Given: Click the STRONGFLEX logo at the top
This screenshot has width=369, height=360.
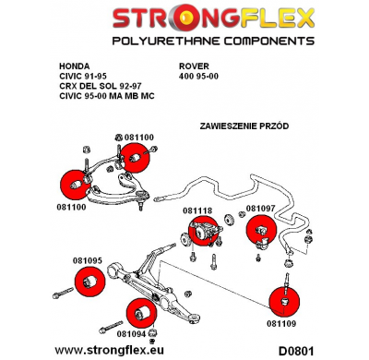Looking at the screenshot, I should pyautogui.click(x=184, y=18).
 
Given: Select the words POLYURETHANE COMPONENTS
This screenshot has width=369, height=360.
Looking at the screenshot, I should pyautogui.click(x=184, y=42).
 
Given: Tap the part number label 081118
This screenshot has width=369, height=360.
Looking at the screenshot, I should pyautogui.click(x=197, y=210).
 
